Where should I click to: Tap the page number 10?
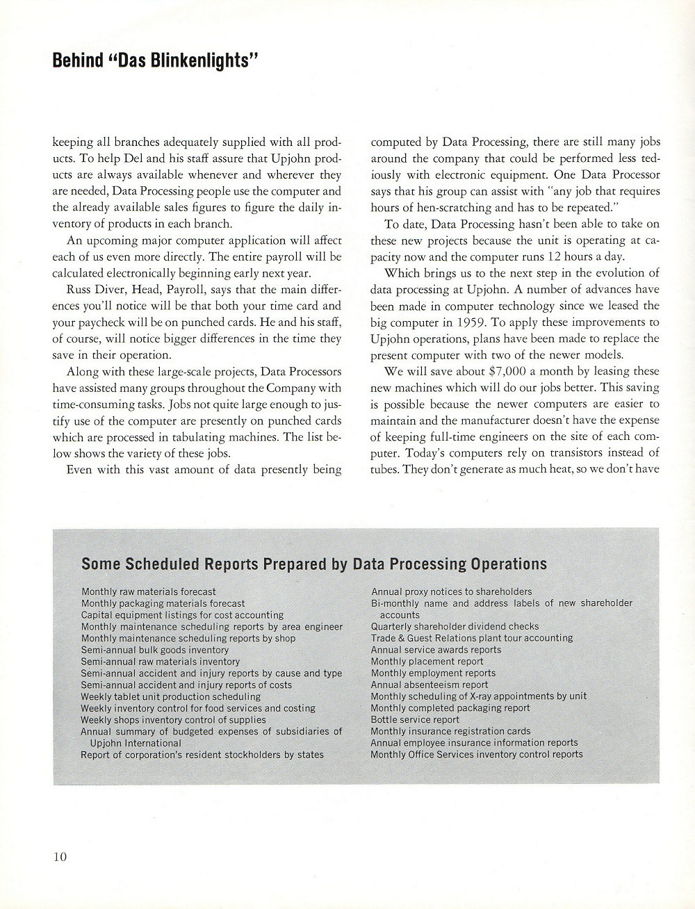(60, 856)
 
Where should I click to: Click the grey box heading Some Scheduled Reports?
(314, 564)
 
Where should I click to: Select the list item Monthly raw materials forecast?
(148, 592)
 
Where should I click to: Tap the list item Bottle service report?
(415, 720)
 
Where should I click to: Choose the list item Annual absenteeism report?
(430, 685)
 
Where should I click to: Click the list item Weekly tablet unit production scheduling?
(171, 696)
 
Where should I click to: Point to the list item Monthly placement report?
(427, 662)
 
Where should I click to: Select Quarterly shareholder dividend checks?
(455, 626)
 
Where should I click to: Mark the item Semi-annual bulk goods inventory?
(145, 650)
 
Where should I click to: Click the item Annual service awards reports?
(436, 650)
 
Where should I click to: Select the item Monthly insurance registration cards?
(450, 731)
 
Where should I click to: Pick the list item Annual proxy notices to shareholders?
(451, 591)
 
